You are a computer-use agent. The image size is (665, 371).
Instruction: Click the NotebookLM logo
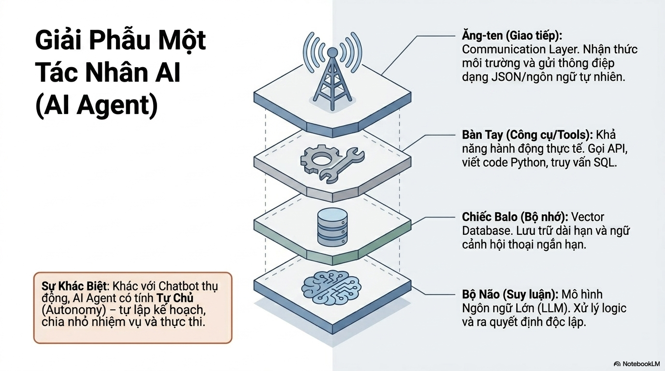636,363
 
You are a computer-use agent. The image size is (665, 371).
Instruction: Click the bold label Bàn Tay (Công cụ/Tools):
528,135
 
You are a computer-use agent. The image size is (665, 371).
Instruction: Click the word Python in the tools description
529,162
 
